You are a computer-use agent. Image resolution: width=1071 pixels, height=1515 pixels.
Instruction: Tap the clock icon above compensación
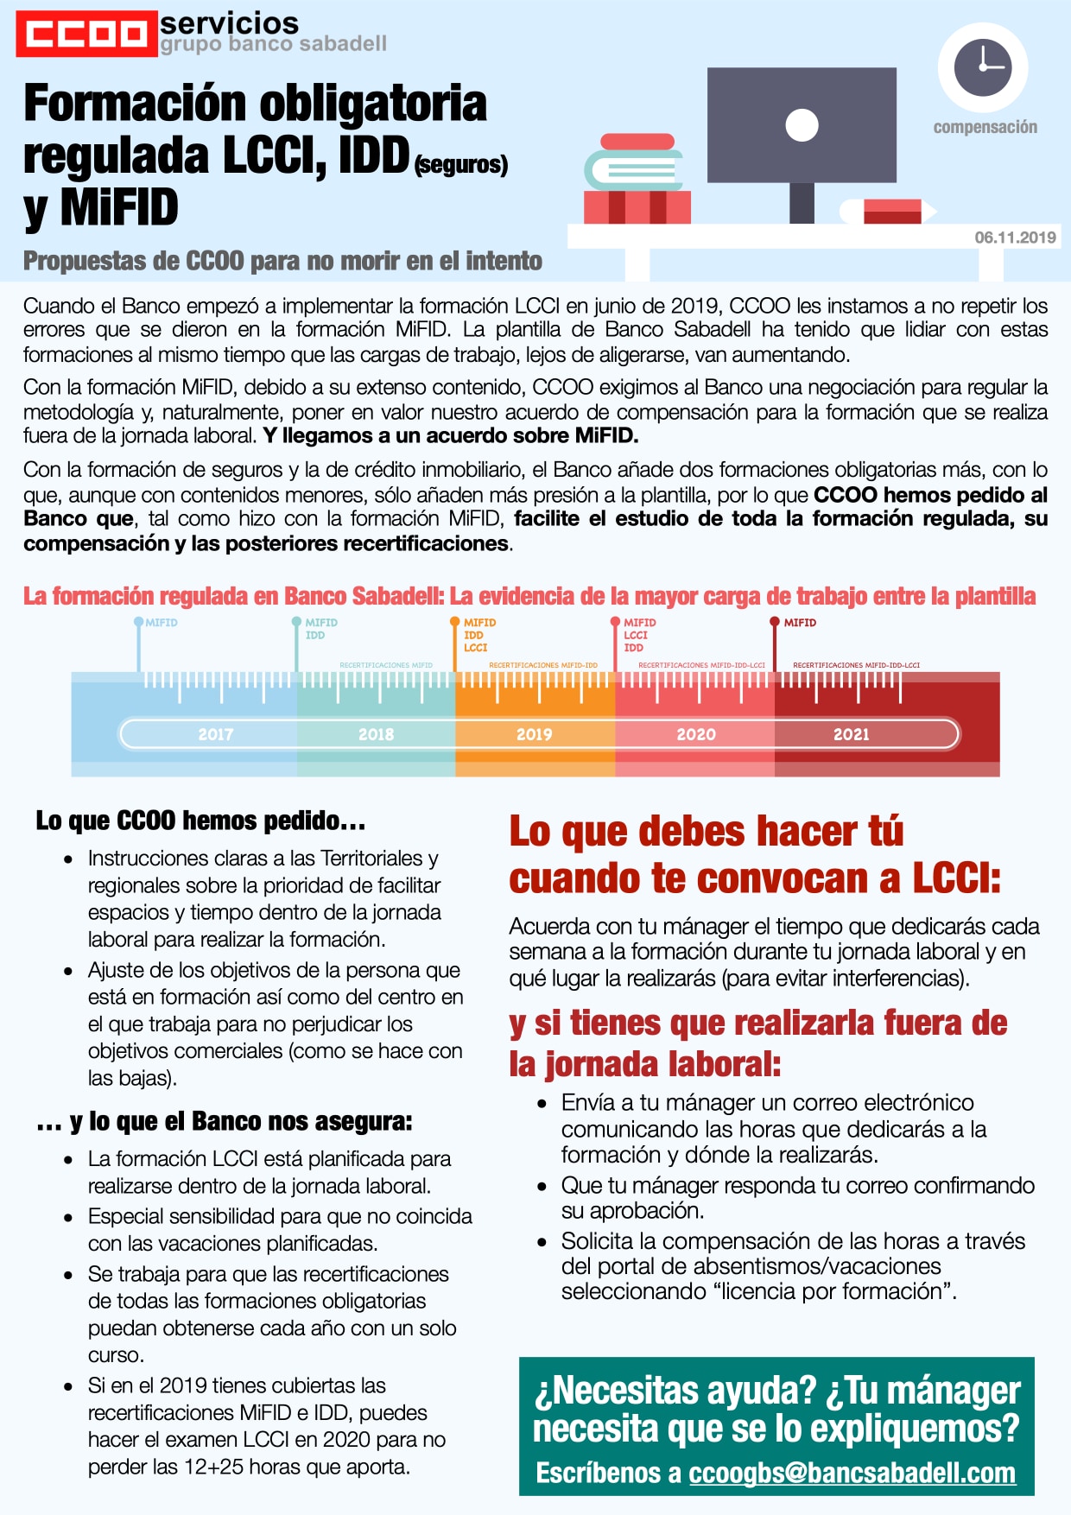click(x=982, y=67)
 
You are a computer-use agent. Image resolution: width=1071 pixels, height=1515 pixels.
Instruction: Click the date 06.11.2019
click(x=1015, y=238)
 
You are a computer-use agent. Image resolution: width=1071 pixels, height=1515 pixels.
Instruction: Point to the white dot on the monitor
click(x=802, y=125)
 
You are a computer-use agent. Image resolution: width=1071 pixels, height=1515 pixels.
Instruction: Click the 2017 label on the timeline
click(x=216, y=734)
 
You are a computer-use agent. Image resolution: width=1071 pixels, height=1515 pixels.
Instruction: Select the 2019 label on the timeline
click(x=534, y=734)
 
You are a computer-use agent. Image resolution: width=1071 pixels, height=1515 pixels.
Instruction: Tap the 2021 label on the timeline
click(x=851, y=734)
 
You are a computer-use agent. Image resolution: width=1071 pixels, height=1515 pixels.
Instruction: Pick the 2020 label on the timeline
click(x=695, y=734)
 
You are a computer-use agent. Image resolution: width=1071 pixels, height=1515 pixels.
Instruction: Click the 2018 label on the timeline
click(x=376, y=734)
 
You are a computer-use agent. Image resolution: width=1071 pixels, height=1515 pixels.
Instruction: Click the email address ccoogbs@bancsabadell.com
click(x=852, y=1473)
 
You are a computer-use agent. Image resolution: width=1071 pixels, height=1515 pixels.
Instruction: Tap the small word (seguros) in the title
click(x=461, y=164)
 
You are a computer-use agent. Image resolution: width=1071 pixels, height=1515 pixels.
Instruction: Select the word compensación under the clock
click(x=985, y=127)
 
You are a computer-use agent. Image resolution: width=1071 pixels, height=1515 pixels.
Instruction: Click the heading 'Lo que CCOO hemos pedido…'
click(x=200, y=821)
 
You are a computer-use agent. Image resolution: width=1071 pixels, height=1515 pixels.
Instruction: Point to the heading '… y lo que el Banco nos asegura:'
click(x=225, y=1121)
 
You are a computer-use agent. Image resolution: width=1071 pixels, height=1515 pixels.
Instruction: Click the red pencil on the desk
click(x=890, y=211)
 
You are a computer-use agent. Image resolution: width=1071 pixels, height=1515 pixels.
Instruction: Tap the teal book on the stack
click(x=632, y=169)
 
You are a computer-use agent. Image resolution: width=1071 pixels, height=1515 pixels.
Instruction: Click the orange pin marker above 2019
click(x=454, y=622)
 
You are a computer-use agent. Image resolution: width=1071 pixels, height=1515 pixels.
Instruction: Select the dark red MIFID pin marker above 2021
click(x=775, y=622)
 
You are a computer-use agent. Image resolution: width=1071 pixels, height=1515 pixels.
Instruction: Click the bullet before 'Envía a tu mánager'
click(x=542, y=1104)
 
